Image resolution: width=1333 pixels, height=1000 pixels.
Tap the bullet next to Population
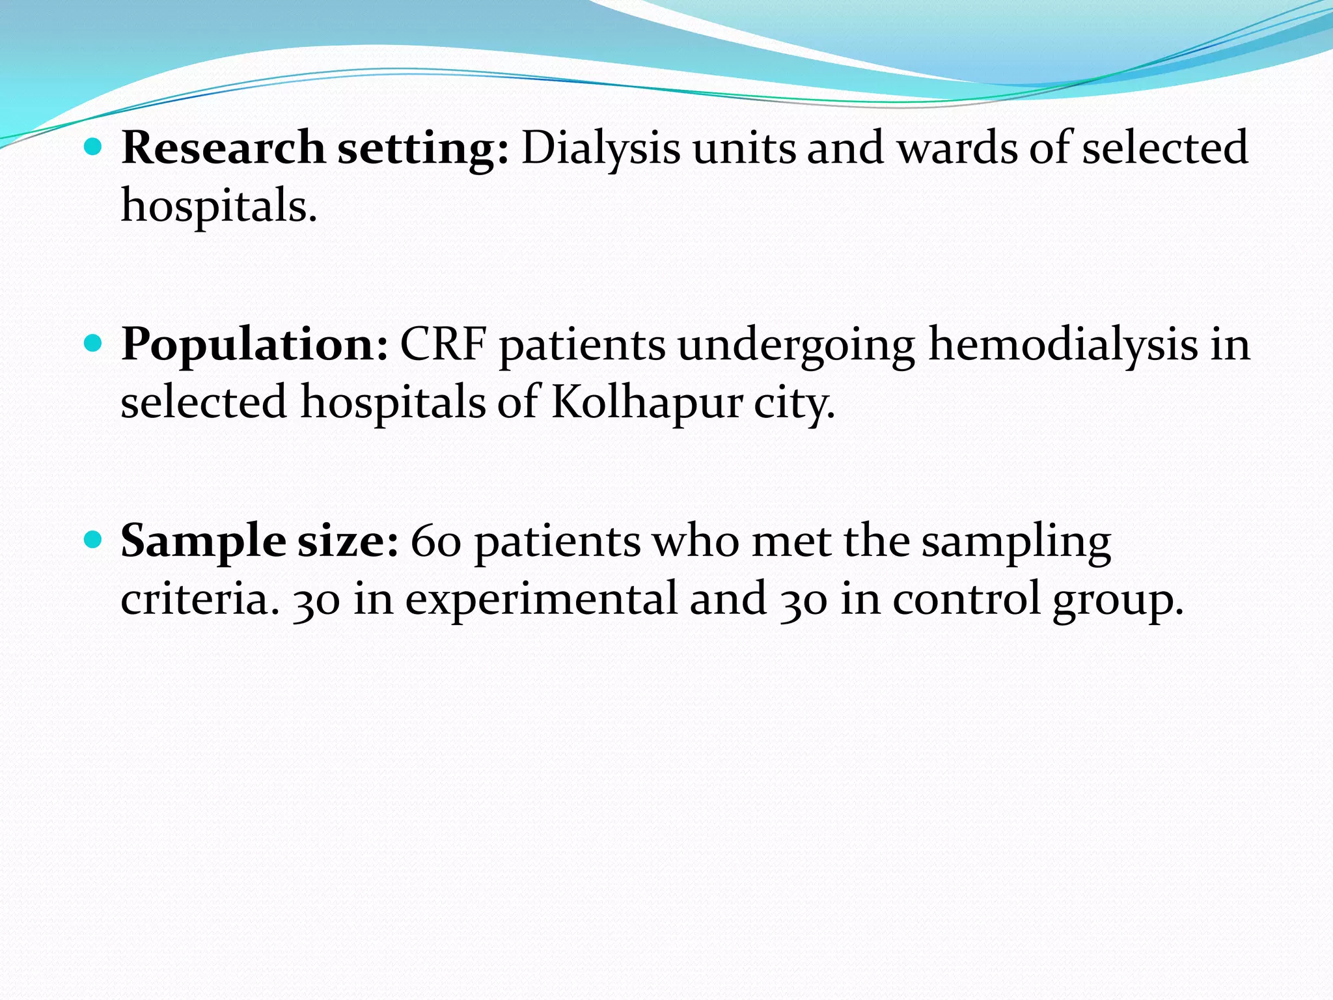click(94, 344)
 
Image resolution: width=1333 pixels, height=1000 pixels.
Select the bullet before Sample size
click(94, 540)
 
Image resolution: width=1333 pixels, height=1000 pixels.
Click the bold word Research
click(223, 148)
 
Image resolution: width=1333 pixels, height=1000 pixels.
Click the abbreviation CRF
click(443, 345)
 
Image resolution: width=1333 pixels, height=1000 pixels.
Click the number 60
click(436, 542)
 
